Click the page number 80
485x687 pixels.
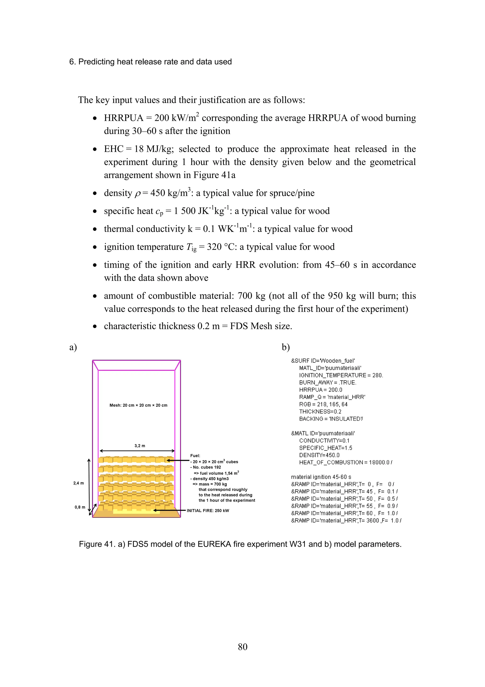242,647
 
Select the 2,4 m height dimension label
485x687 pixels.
79,483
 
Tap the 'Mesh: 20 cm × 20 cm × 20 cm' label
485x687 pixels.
138,405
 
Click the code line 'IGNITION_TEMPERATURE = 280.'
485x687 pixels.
341,375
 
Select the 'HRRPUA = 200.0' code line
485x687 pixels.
320,389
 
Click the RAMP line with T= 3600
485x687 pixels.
346,520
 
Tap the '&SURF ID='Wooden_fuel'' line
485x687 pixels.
323,361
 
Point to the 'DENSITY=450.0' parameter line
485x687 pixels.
319,455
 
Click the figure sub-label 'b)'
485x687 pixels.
286,347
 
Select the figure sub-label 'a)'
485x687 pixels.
73,347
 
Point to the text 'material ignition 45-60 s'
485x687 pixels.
321,477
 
